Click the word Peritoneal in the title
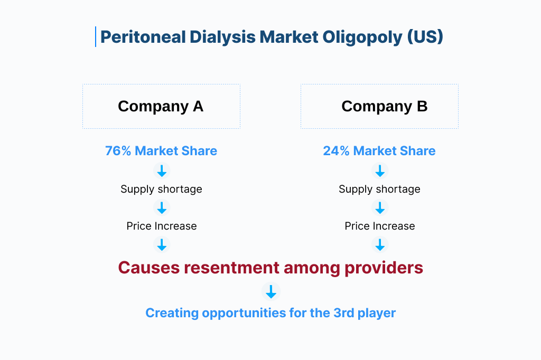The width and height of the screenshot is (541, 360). [143, 37]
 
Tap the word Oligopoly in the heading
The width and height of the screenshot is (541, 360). [362, 37]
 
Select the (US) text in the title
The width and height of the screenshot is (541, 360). [425, 37]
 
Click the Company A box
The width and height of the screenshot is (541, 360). [161, 106]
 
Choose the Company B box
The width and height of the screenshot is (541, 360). [379, 106]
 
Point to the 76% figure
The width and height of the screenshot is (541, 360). [118, 151]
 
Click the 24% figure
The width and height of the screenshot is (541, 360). [336, 151]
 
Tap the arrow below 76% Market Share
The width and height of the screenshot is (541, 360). [162, 170]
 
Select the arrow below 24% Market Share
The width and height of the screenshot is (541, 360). [380, 170]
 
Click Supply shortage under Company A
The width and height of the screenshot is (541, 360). [161, 189]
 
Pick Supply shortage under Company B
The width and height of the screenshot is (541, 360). [379, 189]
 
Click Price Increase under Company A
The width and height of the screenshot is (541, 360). [162, 226]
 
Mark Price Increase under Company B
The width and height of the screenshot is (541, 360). [379, 226]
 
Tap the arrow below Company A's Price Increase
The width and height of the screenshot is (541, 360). [162, 244]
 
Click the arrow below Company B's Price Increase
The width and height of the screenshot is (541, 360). [380, 244]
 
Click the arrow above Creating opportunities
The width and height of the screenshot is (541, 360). [271, 291]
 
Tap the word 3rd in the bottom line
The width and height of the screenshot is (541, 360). [343, 313]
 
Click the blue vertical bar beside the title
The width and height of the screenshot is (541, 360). [96, 36]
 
